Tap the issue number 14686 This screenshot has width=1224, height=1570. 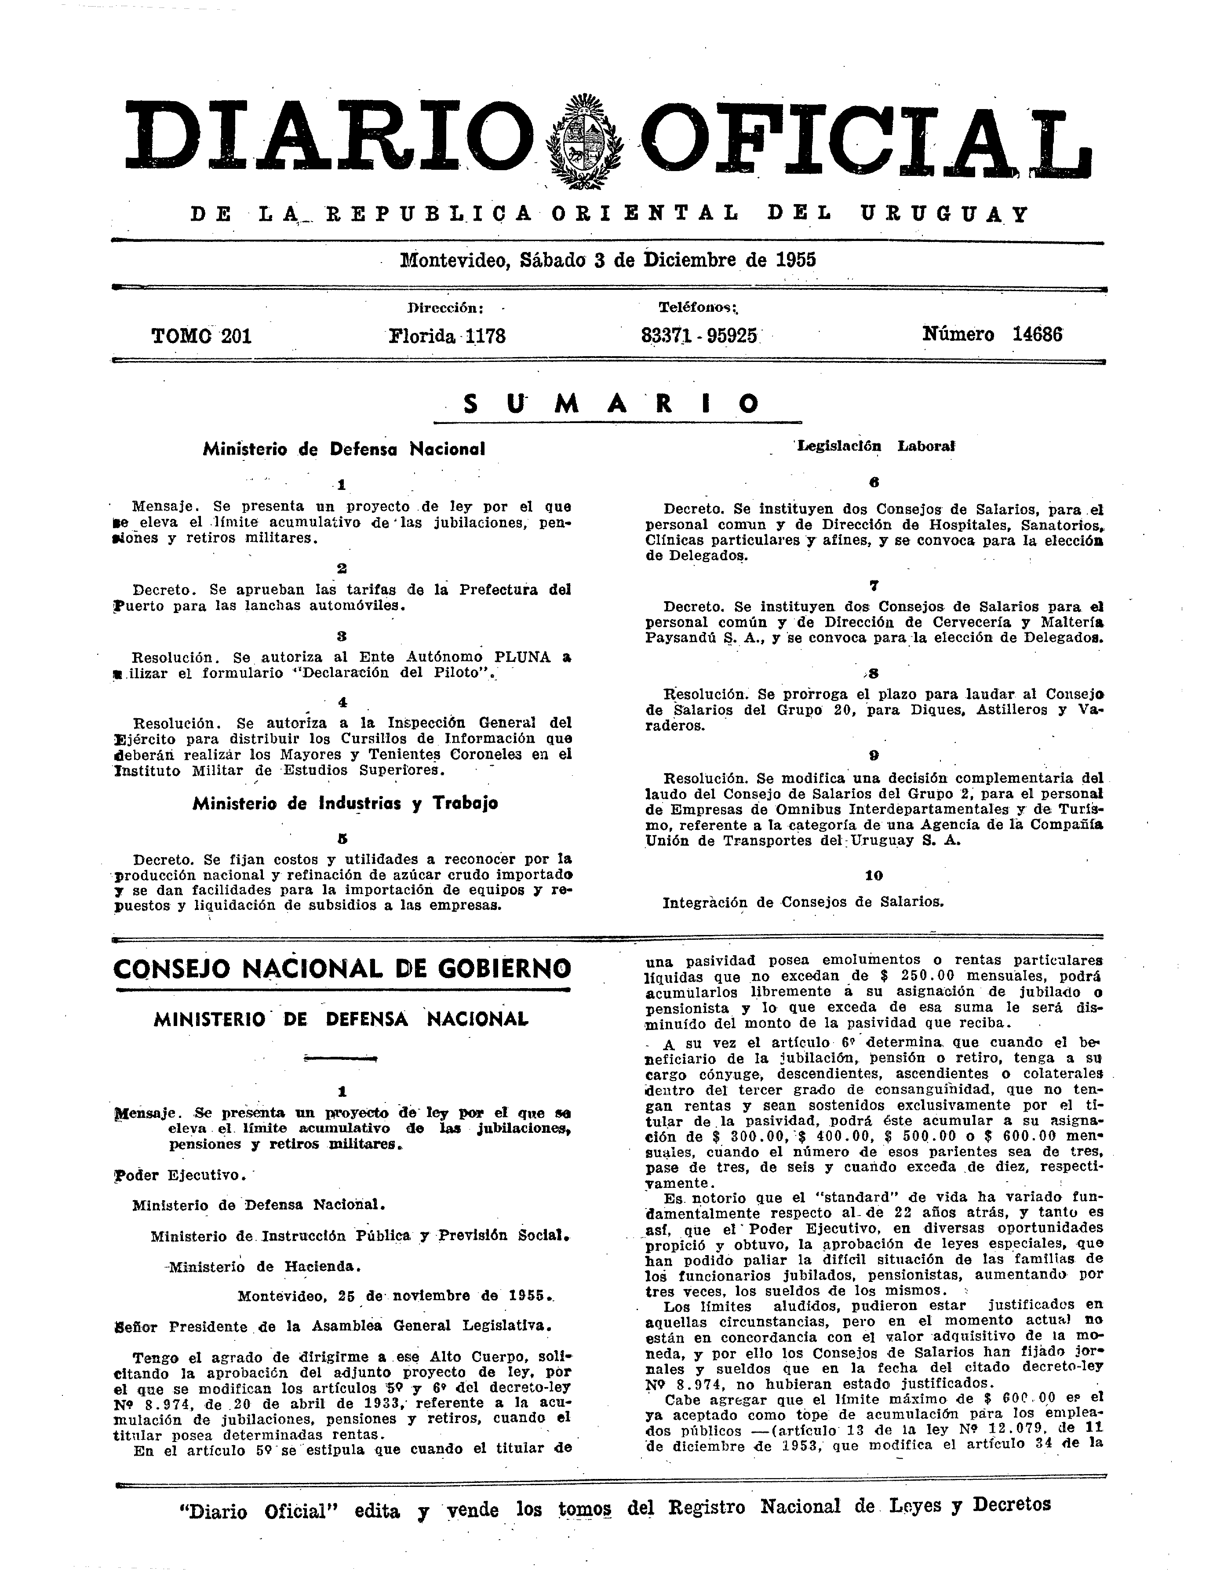point(1037,334)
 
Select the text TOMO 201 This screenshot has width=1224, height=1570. point(201,336)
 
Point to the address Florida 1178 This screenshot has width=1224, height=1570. point(447,336)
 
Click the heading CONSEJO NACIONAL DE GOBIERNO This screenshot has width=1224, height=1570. point(342,968)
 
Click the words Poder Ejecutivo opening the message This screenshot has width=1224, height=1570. point(180,1176)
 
